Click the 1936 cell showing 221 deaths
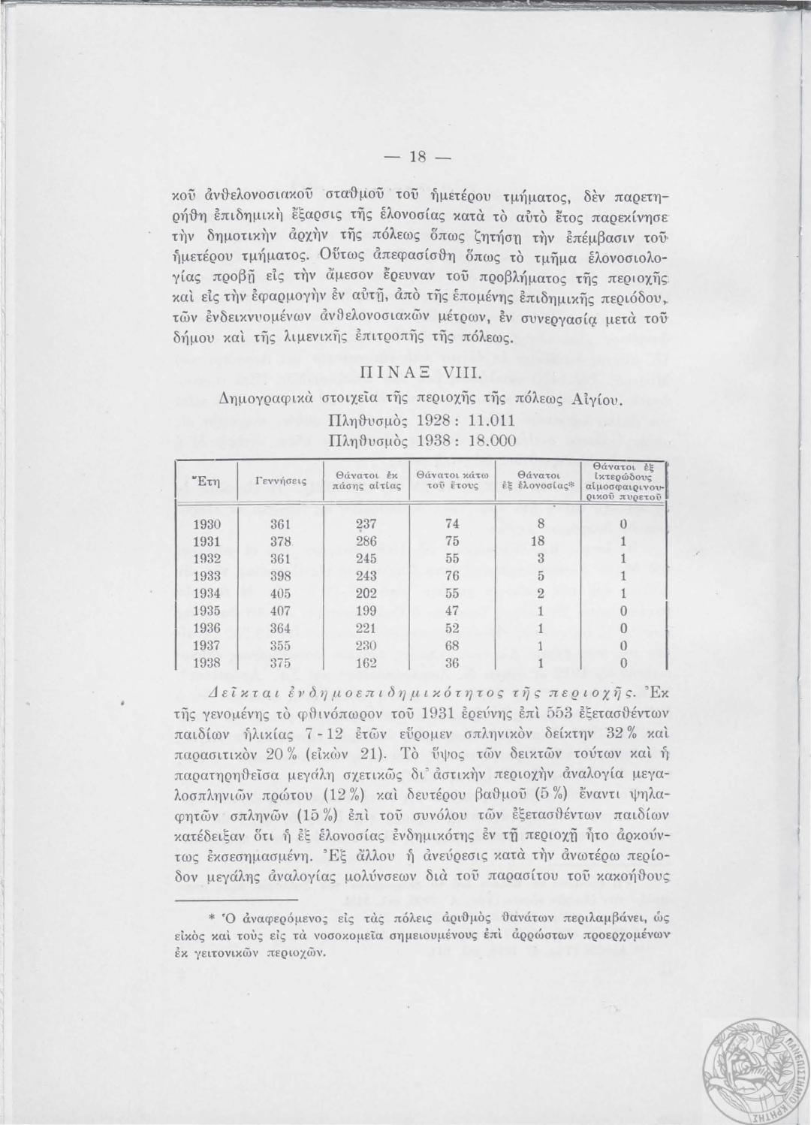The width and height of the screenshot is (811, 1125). (366, 629)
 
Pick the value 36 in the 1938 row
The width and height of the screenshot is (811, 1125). (452, 663)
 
